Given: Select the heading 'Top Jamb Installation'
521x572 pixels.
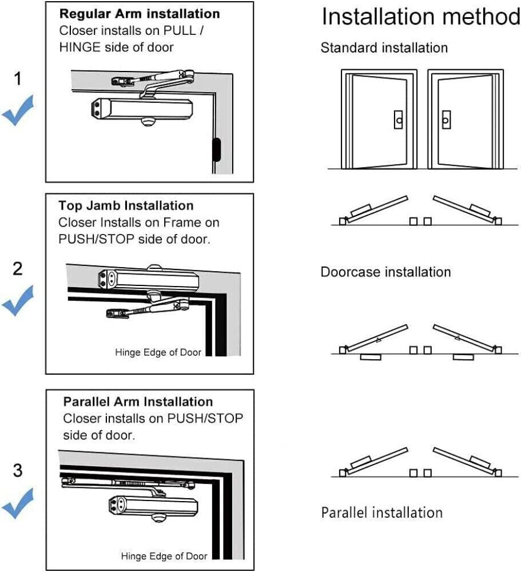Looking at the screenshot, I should [126, 205].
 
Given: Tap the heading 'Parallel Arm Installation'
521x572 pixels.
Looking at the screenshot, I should [138, 402].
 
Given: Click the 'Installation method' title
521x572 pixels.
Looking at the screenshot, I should [420, 17].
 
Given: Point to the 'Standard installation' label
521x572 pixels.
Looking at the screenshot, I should [384, 48].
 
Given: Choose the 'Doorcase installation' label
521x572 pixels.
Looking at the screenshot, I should [385, 272].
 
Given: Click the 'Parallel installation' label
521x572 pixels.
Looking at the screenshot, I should [381, 512].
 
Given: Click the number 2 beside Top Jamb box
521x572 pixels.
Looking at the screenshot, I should [18, 268].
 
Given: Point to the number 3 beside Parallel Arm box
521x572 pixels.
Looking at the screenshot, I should [18, 471].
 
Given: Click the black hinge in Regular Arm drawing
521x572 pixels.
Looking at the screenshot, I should [216, 150].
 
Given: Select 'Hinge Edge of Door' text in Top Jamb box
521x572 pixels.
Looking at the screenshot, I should [158, 352].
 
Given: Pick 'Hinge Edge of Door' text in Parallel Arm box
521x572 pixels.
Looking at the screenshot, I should [164, 556].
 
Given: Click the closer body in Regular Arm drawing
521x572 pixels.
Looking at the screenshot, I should [143, 109].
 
